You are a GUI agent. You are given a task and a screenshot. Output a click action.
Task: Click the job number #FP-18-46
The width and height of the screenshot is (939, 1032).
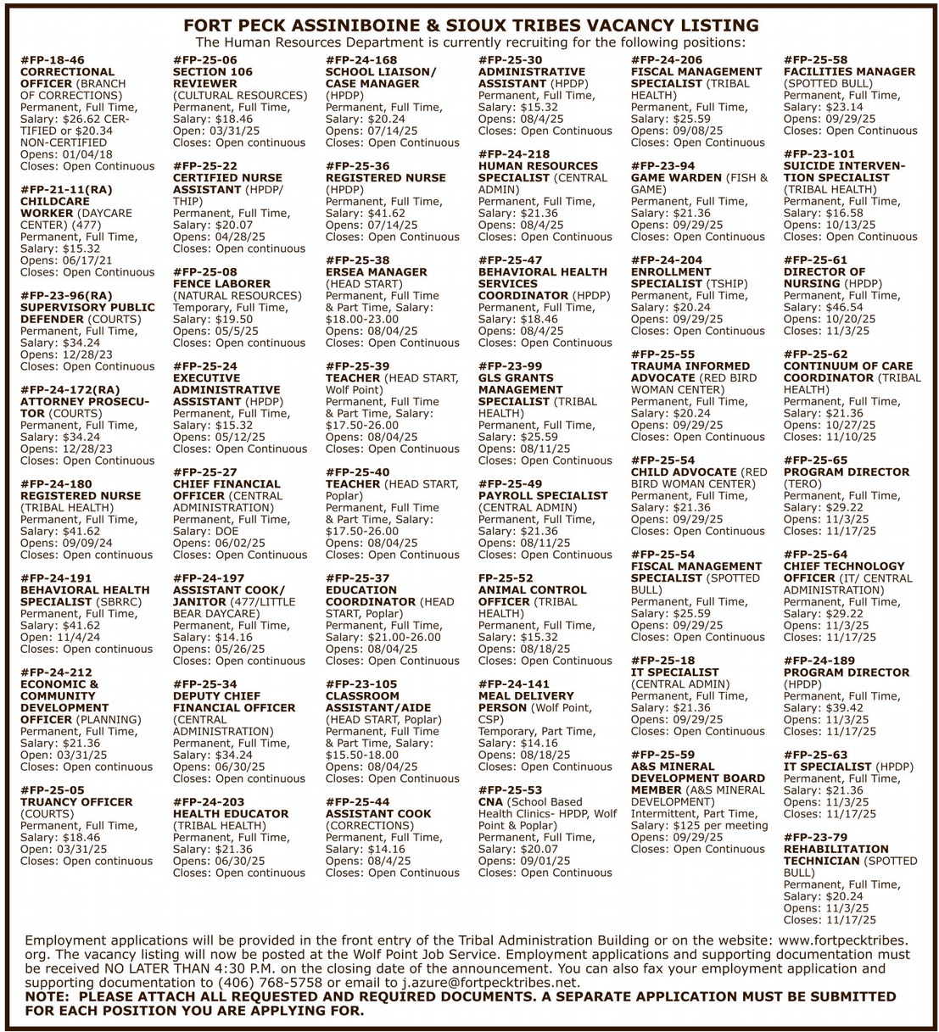[x=53, y=60]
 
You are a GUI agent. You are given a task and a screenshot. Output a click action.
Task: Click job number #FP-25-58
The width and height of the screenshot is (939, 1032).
[x=815, y=60]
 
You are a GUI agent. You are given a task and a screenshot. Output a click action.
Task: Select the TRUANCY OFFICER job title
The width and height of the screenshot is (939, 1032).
[x=76, y=801]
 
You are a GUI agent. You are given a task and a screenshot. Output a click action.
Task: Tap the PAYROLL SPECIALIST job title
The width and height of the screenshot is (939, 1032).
[x=543, y=495]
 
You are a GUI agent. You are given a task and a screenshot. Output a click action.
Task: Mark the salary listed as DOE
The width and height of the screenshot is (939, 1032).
[x=227, y=531]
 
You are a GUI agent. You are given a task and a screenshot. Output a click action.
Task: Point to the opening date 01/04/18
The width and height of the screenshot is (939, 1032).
[x=86, y=154]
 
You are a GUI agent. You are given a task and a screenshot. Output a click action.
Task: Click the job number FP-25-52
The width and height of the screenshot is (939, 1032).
[x=506, y=577]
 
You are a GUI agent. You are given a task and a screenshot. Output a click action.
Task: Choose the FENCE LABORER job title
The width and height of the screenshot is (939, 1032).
[x=221, y=284]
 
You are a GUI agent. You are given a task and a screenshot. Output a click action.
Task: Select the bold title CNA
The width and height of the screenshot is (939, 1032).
[x=491, y=801]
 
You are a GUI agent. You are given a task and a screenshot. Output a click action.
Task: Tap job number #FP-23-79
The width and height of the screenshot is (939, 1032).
[x=815, y=837]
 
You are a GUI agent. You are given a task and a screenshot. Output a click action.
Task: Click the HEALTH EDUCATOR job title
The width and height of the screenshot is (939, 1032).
[x=231, y=813]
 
